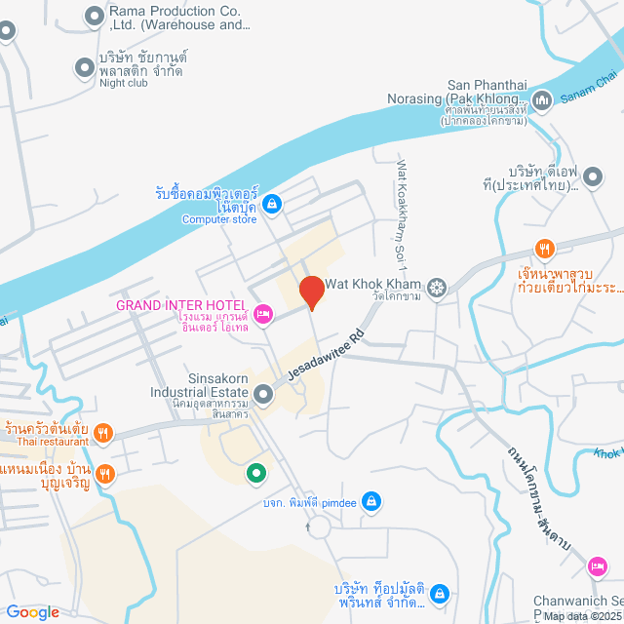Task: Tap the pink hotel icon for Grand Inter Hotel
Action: (262, 314)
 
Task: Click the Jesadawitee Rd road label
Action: (328, 354)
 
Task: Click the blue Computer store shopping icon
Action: (273, 203)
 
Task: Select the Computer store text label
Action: (218, 219)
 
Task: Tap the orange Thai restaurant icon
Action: (106, 431)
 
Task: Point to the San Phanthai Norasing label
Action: (486, 92)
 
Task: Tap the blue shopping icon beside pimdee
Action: (370, 501)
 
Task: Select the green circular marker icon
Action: (255, 474)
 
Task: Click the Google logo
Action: (32, 612)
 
